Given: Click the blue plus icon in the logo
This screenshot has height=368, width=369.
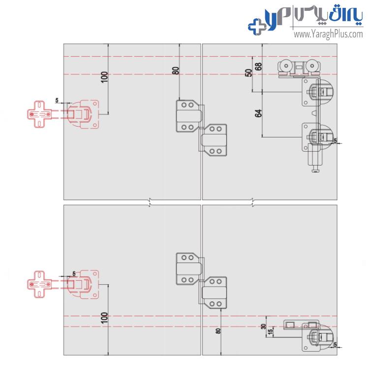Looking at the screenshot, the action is [257, 27].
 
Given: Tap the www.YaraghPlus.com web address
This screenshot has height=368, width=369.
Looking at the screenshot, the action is [328, 34].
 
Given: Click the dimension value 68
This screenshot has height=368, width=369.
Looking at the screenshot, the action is [258, 67].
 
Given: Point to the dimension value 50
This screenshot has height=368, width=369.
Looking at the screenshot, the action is [248, 73].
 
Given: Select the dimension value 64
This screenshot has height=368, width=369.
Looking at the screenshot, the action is [258, 113].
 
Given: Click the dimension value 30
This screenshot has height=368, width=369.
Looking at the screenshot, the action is [263, 327].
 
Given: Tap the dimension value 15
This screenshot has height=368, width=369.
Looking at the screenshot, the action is [271, 331].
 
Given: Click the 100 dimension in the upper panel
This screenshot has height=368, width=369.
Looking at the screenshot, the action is [104, 77].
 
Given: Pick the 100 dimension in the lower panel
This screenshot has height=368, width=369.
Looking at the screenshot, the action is [104, 318].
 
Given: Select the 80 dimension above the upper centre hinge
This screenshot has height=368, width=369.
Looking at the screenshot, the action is [176, 71].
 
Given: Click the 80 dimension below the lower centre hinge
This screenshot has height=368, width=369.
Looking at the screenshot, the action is [218, 331].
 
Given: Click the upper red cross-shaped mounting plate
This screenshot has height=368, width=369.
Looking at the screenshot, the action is [39, 114].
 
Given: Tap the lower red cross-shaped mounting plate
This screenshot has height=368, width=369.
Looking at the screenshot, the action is [39, 284].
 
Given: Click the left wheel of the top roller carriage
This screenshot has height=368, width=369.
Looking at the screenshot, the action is [286, 66].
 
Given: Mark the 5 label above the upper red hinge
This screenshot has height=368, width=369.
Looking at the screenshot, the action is [57, 100].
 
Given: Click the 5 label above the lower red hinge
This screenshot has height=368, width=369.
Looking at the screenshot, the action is [74, 273].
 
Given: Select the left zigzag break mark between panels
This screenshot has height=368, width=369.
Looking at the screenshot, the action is [150, 202].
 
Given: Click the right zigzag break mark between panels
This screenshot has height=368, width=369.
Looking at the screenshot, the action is [253, 202].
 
